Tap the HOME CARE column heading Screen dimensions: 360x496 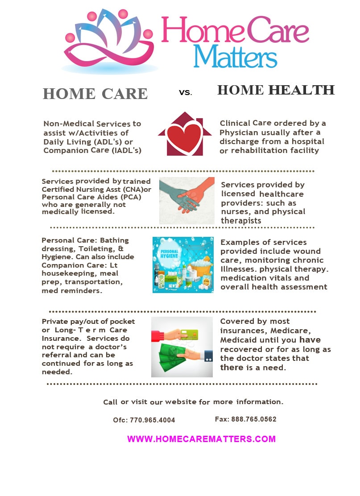tap(95, 94)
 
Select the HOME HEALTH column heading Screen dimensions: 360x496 tap(276, 90)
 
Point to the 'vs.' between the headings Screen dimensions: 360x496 tap(186, 92)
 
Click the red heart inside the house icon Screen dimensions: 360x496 tap(184, 138)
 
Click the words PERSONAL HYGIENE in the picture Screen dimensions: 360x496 tap(169, 253)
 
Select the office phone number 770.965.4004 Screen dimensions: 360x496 tap(153, 420)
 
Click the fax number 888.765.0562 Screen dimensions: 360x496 tap(254, 419)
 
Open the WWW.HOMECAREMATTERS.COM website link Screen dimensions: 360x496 tap(201, 439)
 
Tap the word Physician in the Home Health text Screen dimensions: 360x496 tap(235, 132)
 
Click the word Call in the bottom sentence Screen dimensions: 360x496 tap(110, 402)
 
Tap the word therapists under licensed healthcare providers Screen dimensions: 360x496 tap(241, 221)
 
